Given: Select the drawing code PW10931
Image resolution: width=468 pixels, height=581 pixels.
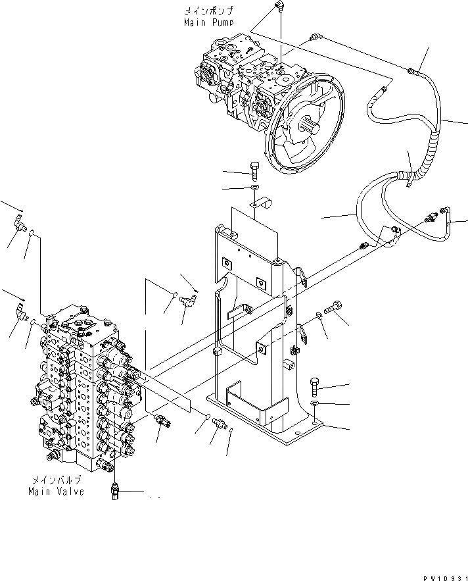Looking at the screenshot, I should (441, 576).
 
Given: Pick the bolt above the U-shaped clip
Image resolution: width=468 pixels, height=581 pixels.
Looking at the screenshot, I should (256, 170).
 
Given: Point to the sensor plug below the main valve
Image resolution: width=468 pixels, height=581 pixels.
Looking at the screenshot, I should (116, 490).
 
